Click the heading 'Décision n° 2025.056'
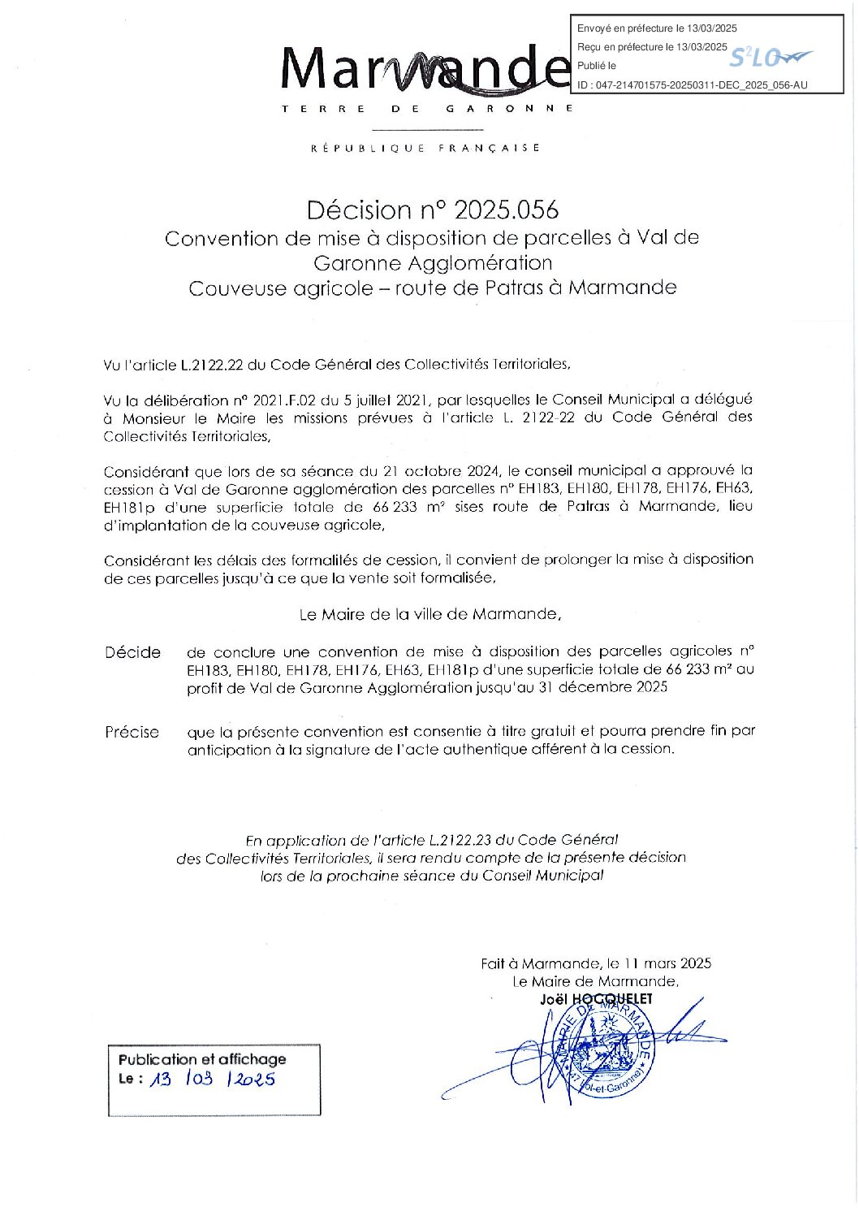[432, 210]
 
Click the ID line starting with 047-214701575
[692, 85]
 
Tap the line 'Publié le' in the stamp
[597, 66]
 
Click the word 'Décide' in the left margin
[132, 652]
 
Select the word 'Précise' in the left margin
[132, 732]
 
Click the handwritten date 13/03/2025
[213, 1079]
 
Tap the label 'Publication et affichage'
[202, 1059]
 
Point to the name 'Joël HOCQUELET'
[596, 999]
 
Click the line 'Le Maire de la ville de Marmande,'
[430, 614]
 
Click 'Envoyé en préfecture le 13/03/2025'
[657, 28]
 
